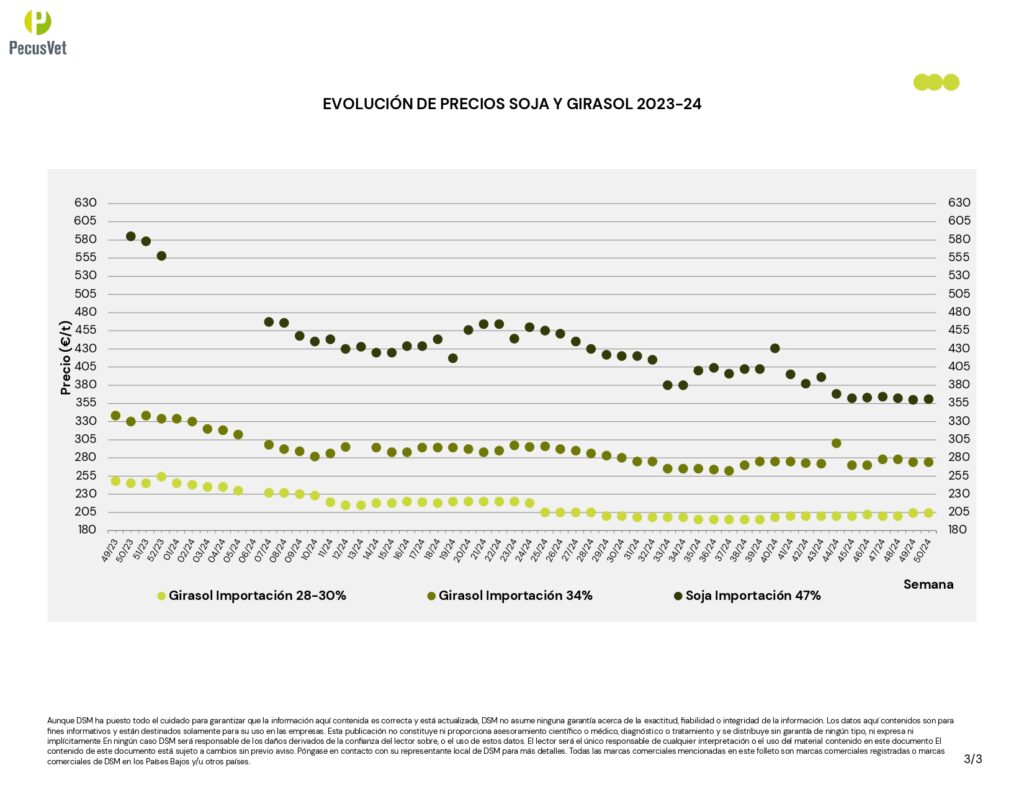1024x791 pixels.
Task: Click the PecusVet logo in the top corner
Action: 38,31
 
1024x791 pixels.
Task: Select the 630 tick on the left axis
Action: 85,203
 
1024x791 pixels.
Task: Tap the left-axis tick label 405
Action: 85,366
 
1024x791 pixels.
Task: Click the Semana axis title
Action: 928,584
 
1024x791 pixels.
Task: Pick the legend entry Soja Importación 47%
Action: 746,596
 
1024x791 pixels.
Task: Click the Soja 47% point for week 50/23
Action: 131,236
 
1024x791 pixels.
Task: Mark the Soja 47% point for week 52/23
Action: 161,256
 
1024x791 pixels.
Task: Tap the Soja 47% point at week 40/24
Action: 775,348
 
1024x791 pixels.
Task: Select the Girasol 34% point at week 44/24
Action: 836,443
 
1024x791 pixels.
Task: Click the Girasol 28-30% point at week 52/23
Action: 161,477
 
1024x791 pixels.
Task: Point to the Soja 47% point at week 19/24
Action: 453,358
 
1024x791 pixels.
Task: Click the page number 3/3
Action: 973,758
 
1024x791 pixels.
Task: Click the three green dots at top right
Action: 936,82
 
